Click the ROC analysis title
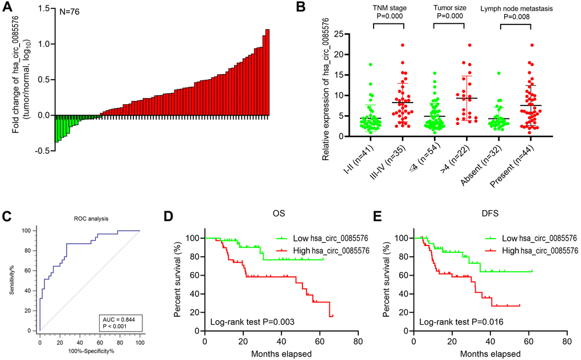pyautogui.click(x=88, y=218)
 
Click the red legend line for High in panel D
pyautogui.click(x=283, y=249)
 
